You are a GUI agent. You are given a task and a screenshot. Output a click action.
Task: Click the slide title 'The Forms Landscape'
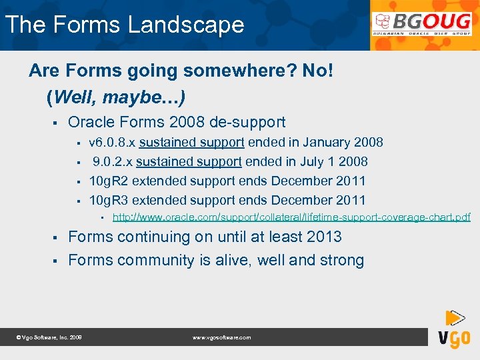click(125, 25)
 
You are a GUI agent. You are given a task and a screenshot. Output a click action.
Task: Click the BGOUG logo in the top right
click(423, 24)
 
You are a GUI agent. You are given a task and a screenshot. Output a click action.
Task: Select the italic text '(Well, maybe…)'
click(116, 97)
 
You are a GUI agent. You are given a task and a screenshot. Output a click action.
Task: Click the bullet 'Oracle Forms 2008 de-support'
click(177, 122)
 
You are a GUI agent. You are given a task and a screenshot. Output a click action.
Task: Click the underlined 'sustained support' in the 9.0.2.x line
click(189, 161)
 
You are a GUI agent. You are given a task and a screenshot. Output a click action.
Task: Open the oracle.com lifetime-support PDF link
click(291, 217)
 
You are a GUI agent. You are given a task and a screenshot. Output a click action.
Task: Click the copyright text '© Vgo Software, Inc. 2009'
click(49, 338)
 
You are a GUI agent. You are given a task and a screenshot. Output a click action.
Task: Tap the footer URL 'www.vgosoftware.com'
click(221, 338)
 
